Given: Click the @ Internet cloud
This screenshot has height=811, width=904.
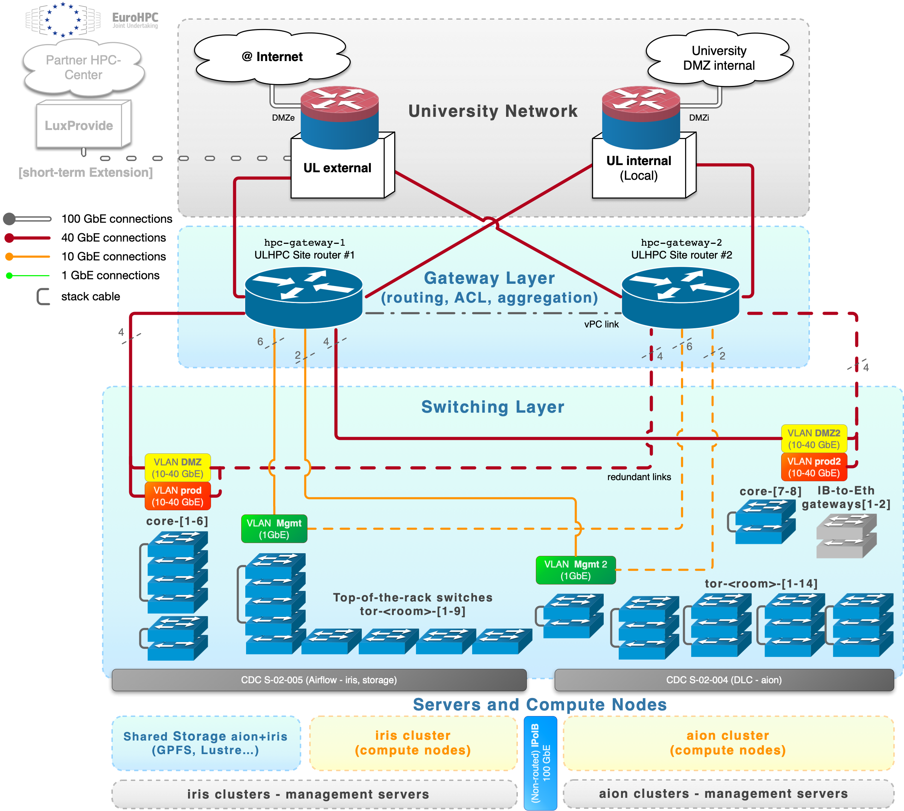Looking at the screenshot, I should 272,57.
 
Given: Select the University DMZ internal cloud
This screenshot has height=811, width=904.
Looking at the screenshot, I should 719,58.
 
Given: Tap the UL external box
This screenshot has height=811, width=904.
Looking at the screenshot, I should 337,168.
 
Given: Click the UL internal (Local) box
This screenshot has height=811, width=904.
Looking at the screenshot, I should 638,168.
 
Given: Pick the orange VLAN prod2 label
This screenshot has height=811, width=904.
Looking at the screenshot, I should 814,467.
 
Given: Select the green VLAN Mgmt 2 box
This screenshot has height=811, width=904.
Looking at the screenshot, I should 576,570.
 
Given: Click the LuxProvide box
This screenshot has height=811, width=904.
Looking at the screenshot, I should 79,125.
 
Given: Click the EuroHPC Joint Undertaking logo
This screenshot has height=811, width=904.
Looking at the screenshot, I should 93,20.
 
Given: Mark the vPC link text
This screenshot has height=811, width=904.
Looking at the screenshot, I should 601,324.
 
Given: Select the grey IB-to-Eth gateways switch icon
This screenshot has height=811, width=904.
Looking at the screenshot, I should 846,536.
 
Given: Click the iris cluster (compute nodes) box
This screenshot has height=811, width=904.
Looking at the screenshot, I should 413,743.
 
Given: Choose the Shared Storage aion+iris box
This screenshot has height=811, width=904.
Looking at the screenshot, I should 206,743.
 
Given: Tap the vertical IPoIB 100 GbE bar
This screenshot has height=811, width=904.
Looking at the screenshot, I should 540,762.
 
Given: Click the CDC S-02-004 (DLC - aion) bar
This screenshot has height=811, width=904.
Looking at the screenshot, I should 724,680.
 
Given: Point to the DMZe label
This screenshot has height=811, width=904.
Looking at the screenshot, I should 283,118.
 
